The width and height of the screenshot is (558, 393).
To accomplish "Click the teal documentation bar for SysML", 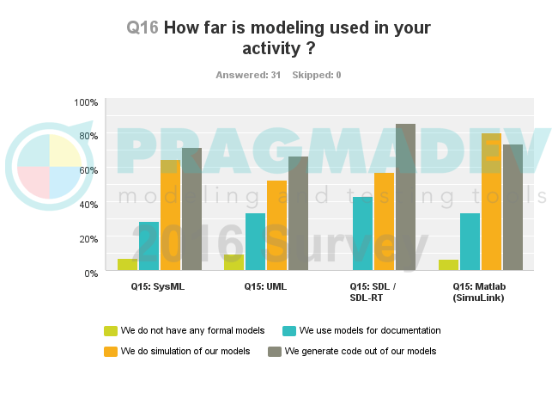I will (149, 246).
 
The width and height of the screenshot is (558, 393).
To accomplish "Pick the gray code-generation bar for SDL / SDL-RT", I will (405, 197).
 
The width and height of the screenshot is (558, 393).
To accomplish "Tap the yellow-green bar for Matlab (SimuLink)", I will (448, 265).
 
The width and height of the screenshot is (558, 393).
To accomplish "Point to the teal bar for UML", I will (255, 242).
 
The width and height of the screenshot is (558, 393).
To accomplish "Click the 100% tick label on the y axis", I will (86, 102).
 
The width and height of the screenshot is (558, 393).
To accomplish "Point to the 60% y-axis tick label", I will (88, 170).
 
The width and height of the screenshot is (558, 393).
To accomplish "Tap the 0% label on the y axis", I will (91, 273).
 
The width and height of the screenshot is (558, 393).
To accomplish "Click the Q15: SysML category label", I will (158, 286).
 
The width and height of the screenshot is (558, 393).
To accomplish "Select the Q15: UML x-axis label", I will (264, 286).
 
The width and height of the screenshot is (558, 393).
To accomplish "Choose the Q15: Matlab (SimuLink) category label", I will (478, 292).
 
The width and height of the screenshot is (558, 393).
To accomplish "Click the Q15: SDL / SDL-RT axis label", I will (373, 292).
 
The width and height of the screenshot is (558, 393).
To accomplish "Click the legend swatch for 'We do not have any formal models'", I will (110, 330).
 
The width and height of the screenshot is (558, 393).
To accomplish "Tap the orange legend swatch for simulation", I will (110, 351).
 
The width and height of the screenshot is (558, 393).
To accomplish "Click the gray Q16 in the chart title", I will (142, 28).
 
